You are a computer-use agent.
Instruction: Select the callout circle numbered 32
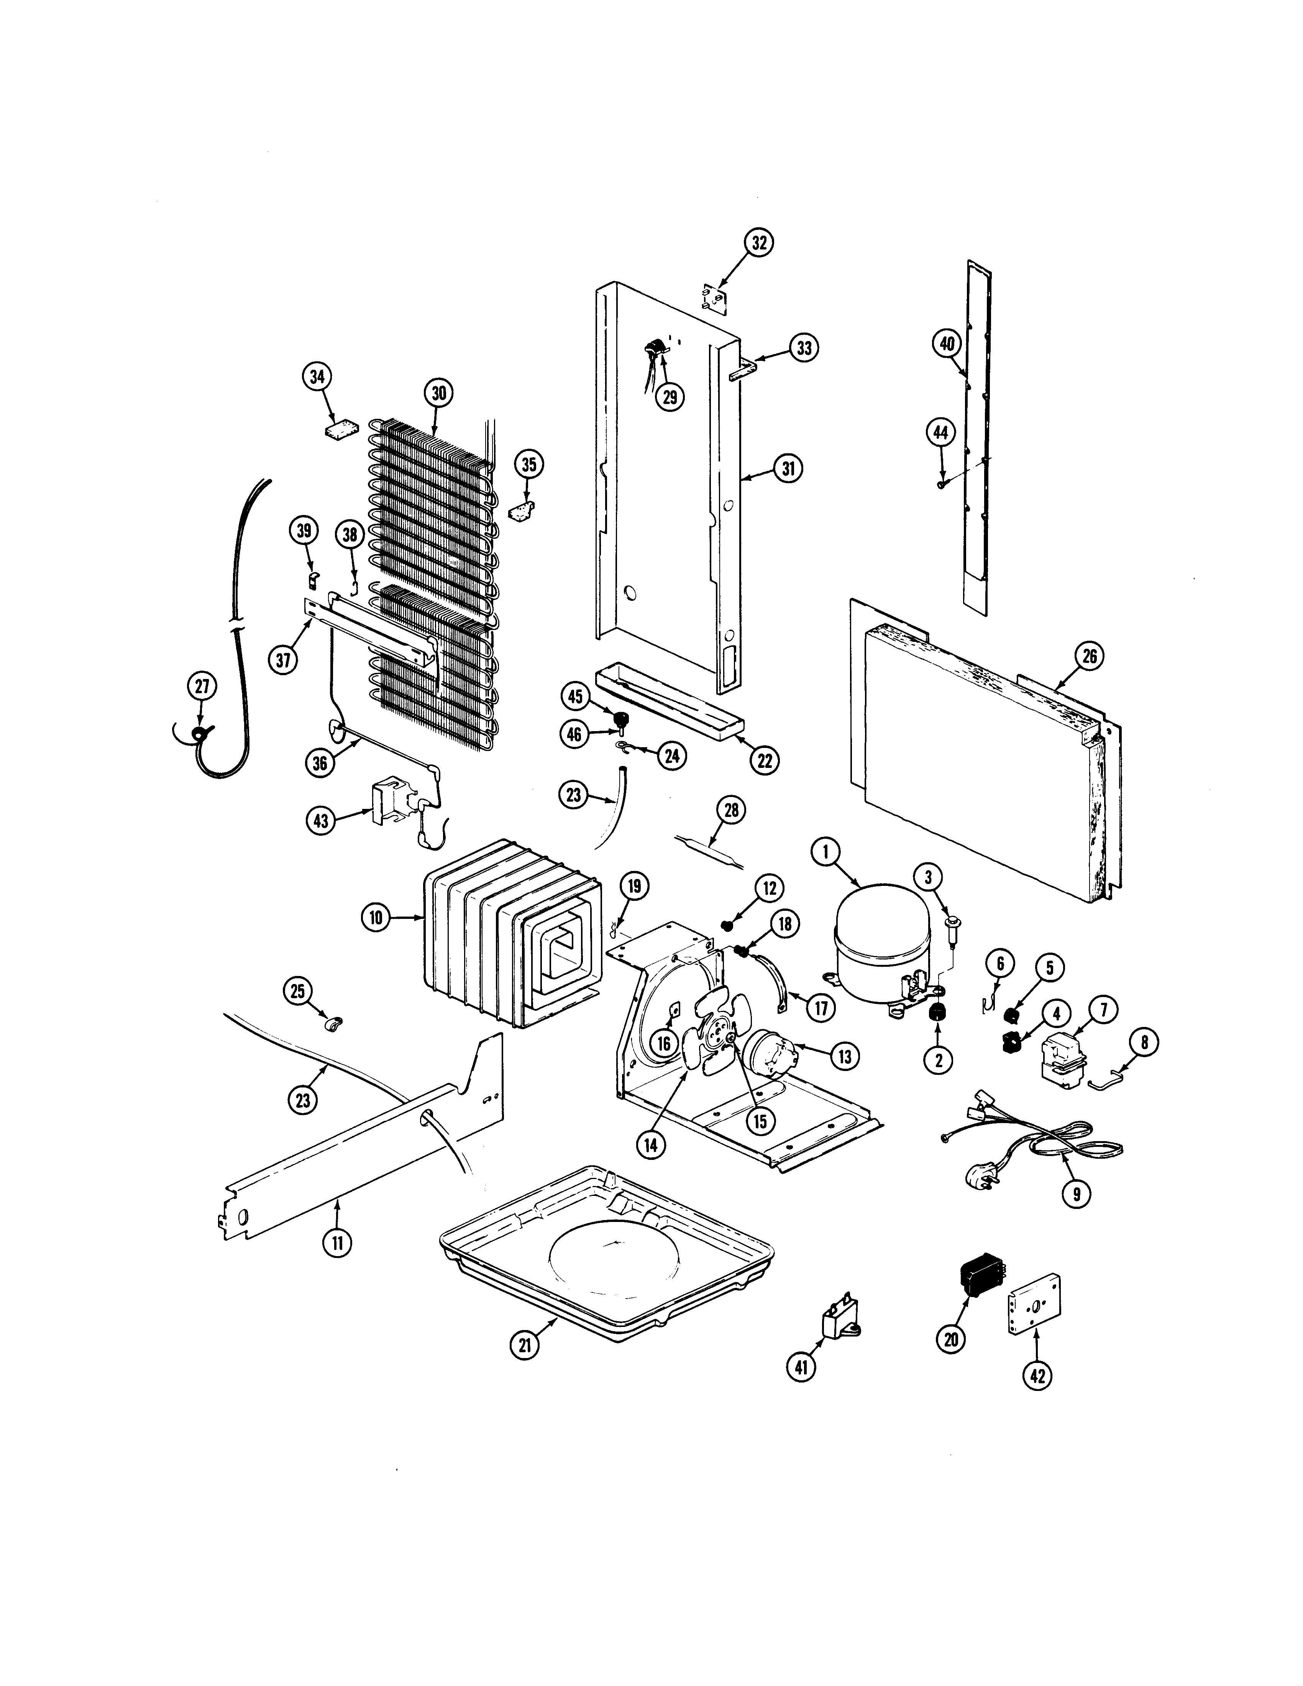point(760,243)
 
